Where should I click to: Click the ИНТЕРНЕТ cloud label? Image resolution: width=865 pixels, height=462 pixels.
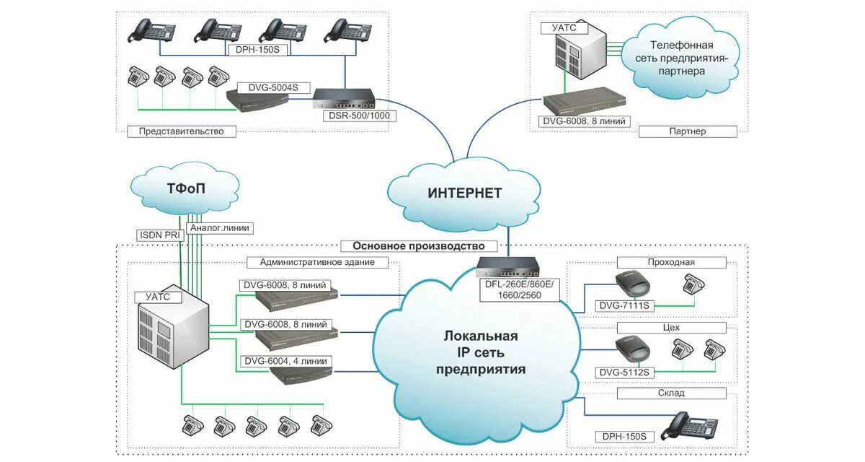click(x=464, y=193)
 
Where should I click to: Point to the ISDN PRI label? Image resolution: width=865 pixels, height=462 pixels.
click(x=159, y=235)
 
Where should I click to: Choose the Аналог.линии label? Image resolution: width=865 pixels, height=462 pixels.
click(x=220, y=227)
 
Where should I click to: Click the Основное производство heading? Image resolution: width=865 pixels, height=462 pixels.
click(x=418, y=245)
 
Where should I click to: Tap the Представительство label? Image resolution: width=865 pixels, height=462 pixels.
click(x=181, y=131)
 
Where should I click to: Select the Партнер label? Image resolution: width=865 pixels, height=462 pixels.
click(x=687, y=131)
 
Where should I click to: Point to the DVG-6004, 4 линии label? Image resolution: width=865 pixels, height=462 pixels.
click(x=285, y=361)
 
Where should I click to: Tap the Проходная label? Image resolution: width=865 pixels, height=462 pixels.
click(x=671, y=262)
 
